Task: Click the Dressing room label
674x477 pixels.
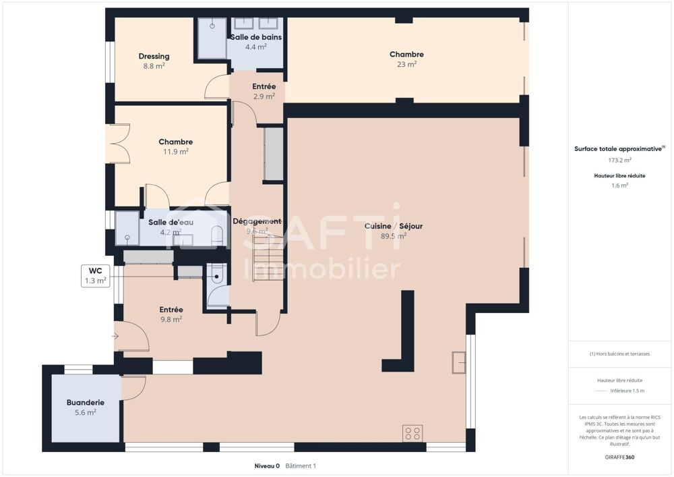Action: click(x=154, y=56)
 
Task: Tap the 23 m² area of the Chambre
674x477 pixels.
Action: click(x=406, y=64)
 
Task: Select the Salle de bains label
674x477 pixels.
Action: click(x=255, y=36)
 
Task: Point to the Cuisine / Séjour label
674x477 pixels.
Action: click(x=393, y=226)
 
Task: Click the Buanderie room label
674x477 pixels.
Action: click(x=85, y=403)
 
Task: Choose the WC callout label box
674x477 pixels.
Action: click(x=95, y=276)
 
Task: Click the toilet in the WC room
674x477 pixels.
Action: click(x=216, y=275)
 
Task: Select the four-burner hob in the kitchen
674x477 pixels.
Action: click(x=412, y=432)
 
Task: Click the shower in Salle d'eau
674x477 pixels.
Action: click(x=126, y=228)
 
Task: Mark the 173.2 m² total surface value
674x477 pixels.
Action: click(x=619, y=161)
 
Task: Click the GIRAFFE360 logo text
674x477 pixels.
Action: click(x=619, y=457)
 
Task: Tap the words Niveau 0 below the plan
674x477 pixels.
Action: click(x=266, y=466)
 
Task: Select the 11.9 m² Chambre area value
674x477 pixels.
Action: click(x=175, y=152)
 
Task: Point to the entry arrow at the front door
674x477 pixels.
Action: click(x=117, y=335)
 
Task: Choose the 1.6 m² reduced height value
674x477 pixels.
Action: click(x=619, y=186)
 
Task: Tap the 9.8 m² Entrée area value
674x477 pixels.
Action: click(x=171, y=320)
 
